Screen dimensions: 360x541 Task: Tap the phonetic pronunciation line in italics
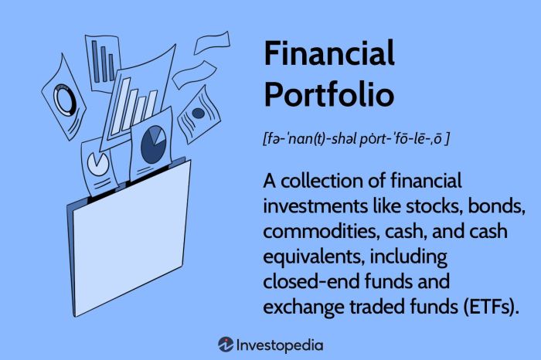tap(356, 140)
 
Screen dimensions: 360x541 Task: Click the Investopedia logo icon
tap(226, 344)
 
